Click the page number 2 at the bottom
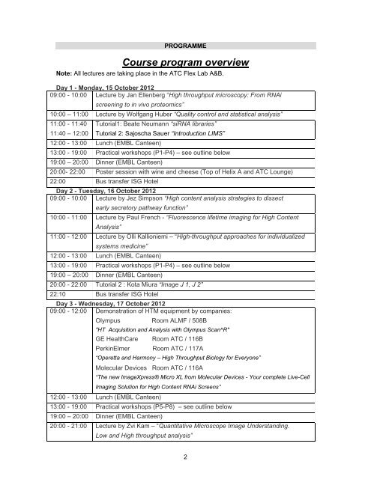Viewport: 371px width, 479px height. (x=185, y=454)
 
